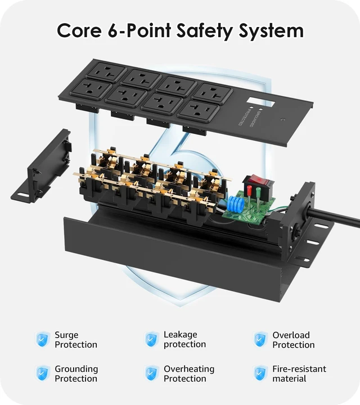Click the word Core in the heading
(79, 30)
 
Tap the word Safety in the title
(205, 31)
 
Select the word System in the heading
(271, 31)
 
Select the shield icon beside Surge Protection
(42, 339)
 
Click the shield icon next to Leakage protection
(151, 339)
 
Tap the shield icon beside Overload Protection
(260, 339)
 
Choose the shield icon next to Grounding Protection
(42, 373)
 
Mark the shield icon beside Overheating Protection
(151, 373)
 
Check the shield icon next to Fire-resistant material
(260, 373)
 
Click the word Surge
(66, 335)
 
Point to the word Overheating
(189, 370)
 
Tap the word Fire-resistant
(299, 369)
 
